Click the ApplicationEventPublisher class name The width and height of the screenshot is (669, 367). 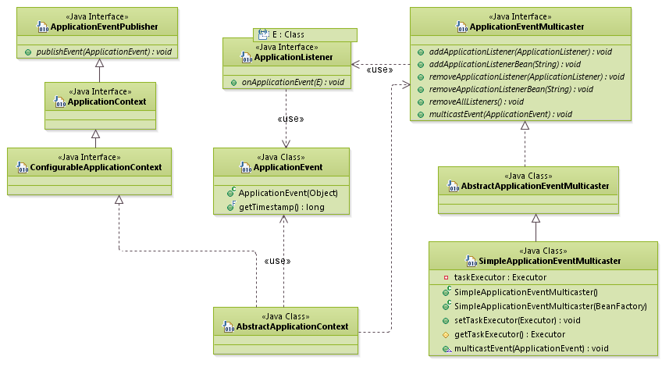tap(103, 27)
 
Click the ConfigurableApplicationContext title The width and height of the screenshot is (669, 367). tap(94, 167)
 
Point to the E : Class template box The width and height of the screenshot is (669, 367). tap(305, 34)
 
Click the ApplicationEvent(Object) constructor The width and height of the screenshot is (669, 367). tap(288, 193)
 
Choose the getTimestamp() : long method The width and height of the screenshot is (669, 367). tap(281, 207)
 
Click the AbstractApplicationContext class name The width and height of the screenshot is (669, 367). tap(292, 326)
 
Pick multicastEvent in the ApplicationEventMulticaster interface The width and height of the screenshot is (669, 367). tap(500, 114)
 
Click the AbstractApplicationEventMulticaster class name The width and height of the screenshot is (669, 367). tap(534, 186)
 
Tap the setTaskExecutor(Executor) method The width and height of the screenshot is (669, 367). tap(517, 320)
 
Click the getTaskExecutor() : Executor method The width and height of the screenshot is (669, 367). tap(509, 334)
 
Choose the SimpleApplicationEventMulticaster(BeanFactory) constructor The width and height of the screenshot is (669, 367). tap(550, 306)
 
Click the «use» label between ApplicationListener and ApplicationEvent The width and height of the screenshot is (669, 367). tap(290, 119)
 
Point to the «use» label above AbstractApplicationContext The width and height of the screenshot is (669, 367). tap(279, 261)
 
